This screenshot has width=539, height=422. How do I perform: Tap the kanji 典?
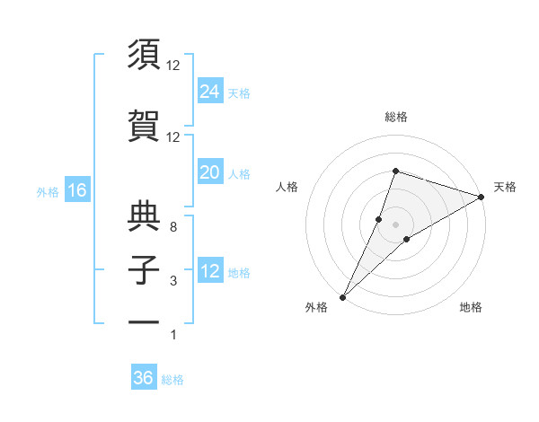click(144, 214)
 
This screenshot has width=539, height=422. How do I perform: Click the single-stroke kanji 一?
click(144, 321)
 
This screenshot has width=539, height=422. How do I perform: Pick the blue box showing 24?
click(210, 92)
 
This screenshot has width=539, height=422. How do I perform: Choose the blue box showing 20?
click(210, 172)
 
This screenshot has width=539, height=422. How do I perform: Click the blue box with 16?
click(76, 190)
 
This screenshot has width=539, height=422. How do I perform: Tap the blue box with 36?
click(144, 378)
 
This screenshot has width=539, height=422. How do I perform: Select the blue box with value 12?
click(210, 271)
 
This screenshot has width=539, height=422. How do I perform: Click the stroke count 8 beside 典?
click(172, 227)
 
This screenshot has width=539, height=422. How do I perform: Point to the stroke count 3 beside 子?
click(172, 282)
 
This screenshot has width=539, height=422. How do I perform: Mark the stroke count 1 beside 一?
click(172, 335)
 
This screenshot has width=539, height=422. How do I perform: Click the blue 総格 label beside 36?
click(172, 380)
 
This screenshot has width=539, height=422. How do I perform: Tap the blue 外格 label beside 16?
click(48, 191)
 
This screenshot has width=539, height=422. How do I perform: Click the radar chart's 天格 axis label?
click(505, 187)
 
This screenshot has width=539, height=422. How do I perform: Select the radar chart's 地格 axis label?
click(471, 307)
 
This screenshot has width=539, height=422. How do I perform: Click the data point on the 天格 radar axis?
click(482, 197)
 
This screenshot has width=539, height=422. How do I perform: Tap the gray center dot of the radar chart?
click(395, 224)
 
